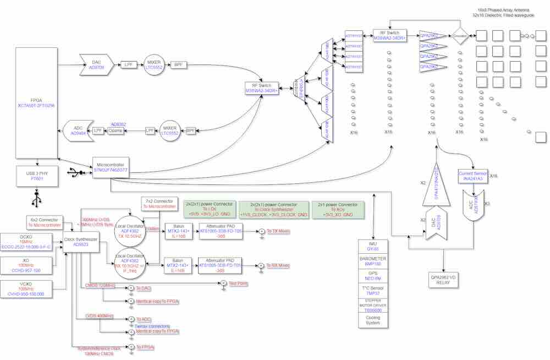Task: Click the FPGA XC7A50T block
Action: point(36,102)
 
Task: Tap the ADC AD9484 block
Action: point(77,130)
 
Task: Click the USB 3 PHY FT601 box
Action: point(37,175)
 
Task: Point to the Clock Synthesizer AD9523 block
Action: point(80,242)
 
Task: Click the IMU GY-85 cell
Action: point(373,246)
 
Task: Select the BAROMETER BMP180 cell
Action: point(373,261)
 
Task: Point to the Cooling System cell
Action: point(373,320)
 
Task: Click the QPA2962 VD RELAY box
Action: point(443,280)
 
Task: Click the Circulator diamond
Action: point(460,36)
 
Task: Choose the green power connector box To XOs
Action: point(338,209)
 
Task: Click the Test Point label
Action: point(238,283)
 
